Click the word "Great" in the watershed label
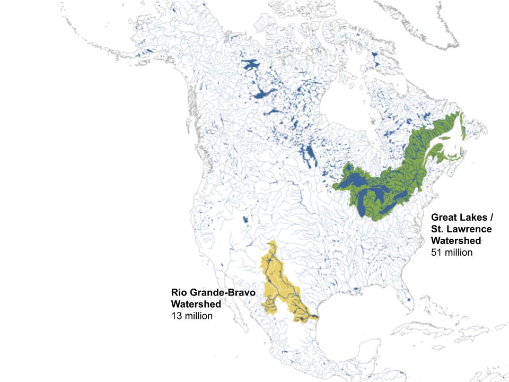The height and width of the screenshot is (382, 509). point(444,218)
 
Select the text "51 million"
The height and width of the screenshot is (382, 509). point(451,253)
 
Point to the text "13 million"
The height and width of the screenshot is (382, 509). point(191,316)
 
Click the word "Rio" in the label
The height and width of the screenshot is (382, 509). point(179,292)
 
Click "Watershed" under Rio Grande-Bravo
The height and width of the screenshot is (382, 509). point(196,304)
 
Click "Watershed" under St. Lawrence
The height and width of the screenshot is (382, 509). point(456,241)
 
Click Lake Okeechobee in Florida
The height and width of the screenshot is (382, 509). point(409,300)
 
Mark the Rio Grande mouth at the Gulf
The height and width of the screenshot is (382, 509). point(317,318)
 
